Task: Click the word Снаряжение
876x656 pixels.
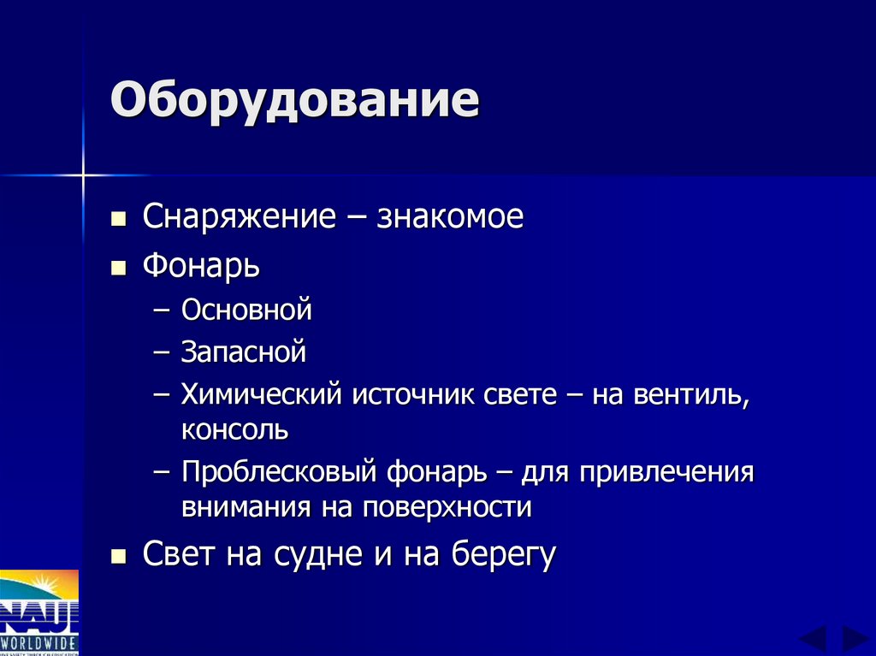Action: [x=239, y=217]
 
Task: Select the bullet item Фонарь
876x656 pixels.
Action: [x=201, y=266]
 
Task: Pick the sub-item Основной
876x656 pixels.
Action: [x=246, y=310]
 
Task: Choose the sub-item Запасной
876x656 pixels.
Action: [x=243, y=351]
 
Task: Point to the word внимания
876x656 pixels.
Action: [x=247, y=506]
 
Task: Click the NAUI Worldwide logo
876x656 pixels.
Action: [x=39, y=612]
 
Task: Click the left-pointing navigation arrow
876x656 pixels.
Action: [x=812, y=639]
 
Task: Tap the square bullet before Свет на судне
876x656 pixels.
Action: [x=119, y=556]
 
